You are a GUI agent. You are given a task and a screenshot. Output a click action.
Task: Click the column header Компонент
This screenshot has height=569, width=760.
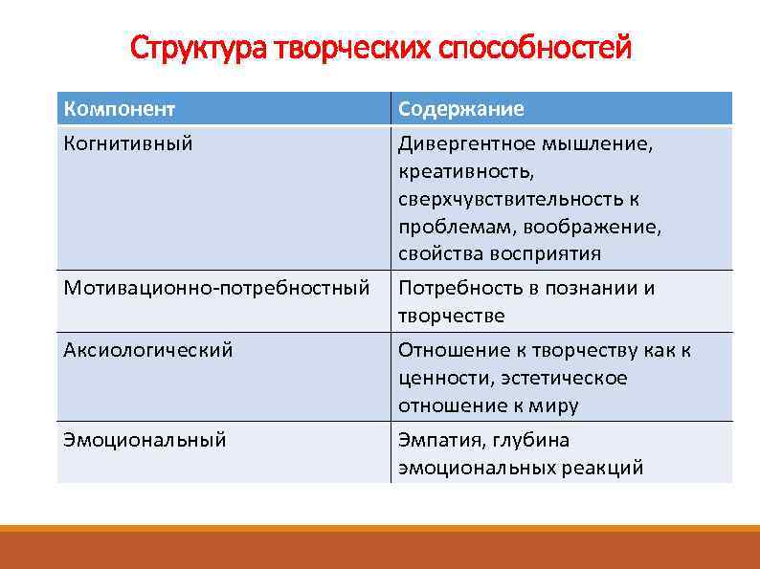119,108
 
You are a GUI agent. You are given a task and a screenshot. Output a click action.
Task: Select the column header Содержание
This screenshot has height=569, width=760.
460,108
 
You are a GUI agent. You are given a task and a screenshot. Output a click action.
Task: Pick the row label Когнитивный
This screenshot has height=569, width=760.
127,143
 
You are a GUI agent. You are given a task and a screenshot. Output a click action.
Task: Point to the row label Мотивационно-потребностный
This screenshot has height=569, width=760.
216,287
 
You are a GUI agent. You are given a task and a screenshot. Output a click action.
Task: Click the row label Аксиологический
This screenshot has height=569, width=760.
147,350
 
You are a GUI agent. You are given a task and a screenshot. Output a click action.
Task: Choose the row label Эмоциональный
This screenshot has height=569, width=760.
145,440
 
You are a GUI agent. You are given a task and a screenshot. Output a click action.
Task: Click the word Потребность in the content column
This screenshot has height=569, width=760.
458,288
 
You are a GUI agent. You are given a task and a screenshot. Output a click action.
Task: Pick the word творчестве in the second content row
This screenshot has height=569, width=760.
451,315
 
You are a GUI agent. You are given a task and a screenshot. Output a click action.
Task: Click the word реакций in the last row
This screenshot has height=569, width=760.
606,468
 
